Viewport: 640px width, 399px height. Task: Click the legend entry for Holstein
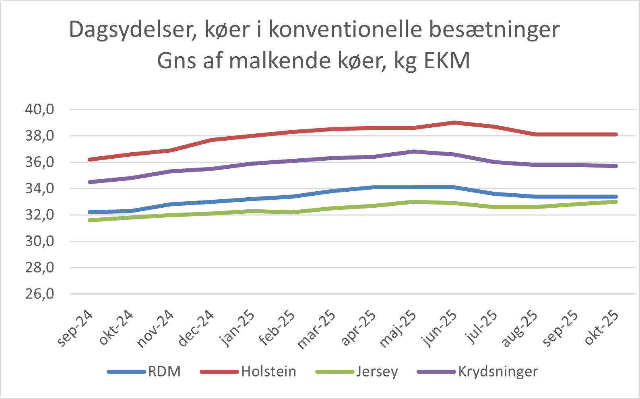[x=268, y=372]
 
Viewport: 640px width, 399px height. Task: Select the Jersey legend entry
[x=377, y=372]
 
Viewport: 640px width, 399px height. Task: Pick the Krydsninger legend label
[x=498, y=372]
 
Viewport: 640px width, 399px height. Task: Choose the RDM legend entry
[x=164, y=372]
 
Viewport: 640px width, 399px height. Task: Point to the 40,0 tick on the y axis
[x=39, y=109]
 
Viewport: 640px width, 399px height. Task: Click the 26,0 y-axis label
[x=39, y=294]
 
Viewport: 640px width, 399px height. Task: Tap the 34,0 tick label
[x=39, y=188]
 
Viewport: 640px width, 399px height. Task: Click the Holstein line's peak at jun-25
[x=454, y=123]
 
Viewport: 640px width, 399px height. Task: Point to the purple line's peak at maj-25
[x=413, y=151]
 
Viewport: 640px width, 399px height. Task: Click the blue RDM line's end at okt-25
[x=615, y=196]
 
